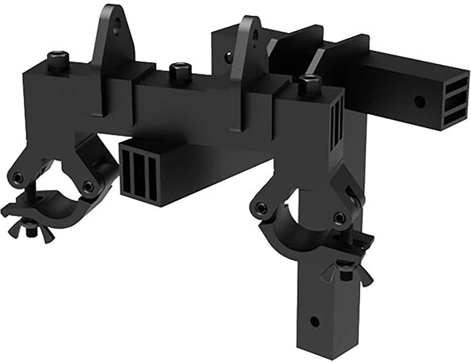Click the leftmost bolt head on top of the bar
tap(59, 58)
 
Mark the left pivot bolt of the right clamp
tap(260, 207)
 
